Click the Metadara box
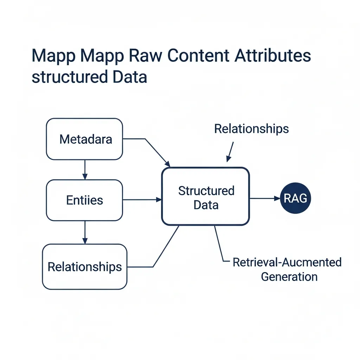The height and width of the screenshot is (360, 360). point(85,139)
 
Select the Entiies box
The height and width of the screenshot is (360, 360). point(85,200)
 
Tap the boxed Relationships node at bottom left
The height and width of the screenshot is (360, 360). point(85,266)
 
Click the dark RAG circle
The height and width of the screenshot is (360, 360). point(295,199)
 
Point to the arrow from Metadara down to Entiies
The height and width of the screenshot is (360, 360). point(84,170)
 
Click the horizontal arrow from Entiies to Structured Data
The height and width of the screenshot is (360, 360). point(142,200)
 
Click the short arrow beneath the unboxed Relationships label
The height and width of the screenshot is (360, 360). point(230,152)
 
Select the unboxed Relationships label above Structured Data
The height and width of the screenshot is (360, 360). point(251,129)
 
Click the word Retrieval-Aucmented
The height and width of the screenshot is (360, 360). point(287,262)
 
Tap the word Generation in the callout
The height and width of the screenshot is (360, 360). point(289,276)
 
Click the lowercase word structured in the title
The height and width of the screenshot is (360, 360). point(64,77)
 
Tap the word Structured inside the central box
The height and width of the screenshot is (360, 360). point(206,191)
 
